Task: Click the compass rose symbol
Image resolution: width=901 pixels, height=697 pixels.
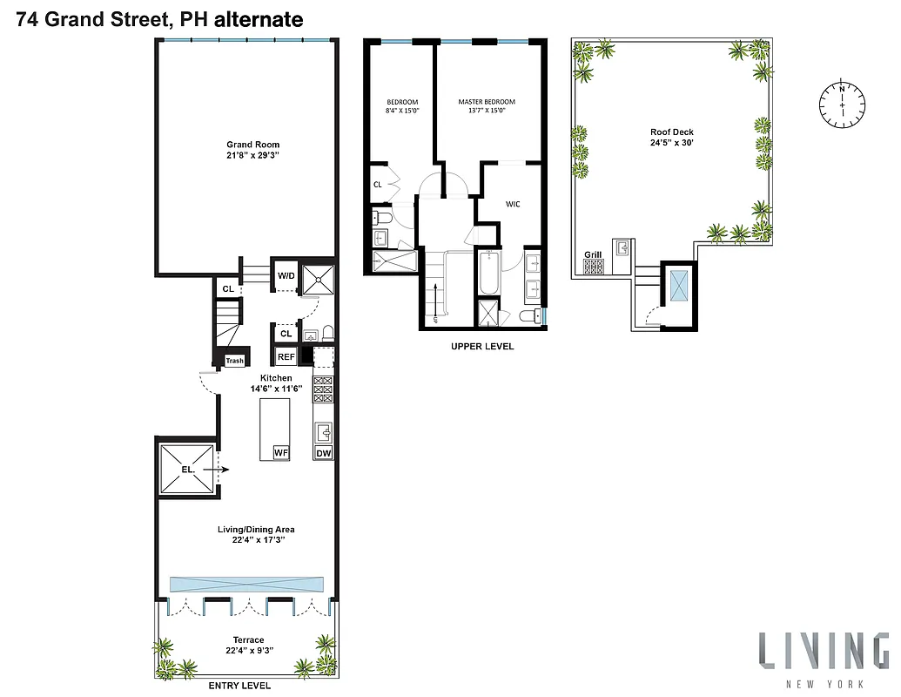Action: pos(842,103)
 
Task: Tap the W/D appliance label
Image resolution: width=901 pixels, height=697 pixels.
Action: pos(286,276)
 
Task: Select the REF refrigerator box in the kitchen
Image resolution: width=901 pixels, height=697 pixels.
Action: pos(286,356)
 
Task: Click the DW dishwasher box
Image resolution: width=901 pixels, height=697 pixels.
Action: pos(323,453)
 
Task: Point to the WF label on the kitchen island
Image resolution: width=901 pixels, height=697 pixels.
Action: pos(280,453)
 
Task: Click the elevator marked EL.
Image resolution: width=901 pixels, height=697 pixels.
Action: pos(185,469)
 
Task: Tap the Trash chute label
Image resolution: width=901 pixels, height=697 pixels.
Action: pos(234,361)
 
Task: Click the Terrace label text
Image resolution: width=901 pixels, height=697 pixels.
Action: pos(248,640)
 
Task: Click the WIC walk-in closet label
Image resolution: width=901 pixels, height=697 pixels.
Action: pos(513,205)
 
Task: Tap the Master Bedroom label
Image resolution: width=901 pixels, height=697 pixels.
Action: pos(487,102)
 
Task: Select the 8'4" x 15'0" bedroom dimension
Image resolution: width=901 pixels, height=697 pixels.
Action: pos(402,112)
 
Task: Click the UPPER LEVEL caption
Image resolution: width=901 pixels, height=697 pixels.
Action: pos(482,347)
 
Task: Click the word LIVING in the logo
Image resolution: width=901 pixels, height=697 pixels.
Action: pos(823,652)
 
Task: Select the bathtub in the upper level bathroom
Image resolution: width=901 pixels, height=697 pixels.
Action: pos(487,273)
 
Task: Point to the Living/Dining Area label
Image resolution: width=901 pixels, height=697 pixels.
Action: pos(256,529)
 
